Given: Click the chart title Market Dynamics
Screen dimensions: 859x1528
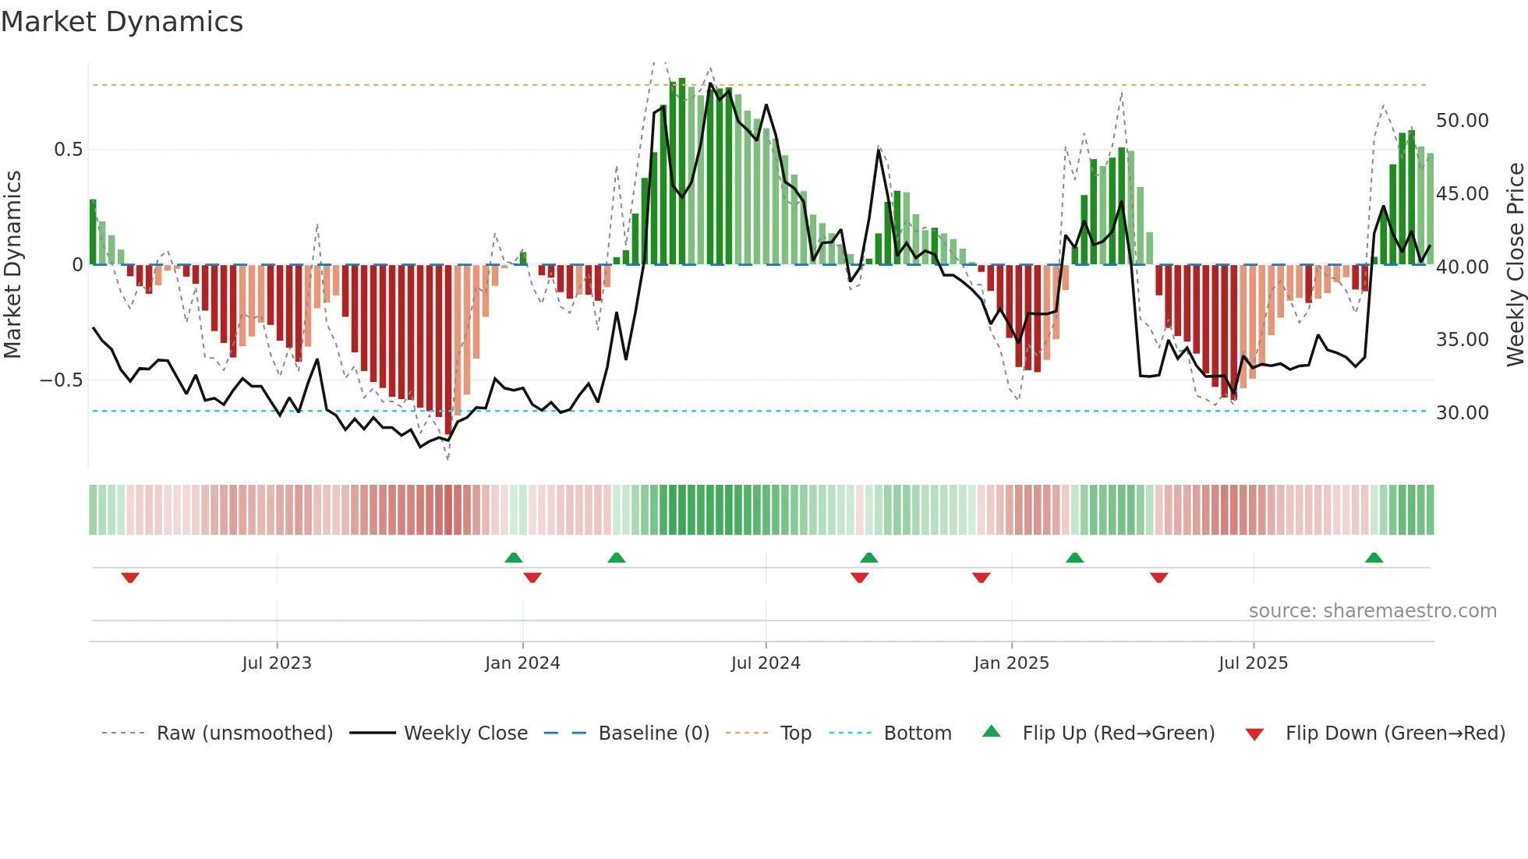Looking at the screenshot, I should pyautogui.click(x=122, y=22).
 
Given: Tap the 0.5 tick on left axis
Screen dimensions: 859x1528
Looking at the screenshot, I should pyautogui.click(x=68, y=150).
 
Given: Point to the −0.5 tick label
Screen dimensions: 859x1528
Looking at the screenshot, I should pyautogui.click(x=61, y=380).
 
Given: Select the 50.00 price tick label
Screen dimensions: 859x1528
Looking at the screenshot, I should pyautogui.click(x=1462, y=121).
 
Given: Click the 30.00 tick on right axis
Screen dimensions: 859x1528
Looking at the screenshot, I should pyautogui.click(x=1462, y=413).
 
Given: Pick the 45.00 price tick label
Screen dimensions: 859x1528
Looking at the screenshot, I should pyautogui.click(x=1462, y=194).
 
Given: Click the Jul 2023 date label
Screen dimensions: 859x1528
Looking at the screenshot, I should pyautogui.click(x=276, y=663).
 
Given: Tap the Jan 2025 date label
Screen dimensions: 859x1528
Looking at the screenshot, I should pyautogui.click(x=1011, y=663).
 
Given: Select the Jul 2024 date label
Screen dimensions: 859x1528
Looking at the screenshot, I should pyautogui.click(x=765, y=663).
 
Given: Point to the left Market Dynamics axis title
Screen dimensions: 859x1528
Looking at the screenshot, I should pyautogui.click(x=12, y=265).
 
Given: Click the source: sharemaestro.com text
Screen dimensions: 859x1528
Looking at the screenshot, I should pyautogui.click(x=1372, y=611).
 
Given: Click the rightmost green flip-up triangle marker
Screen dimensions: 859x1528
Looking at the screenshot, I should pyautogui.click(x=1374, y=558).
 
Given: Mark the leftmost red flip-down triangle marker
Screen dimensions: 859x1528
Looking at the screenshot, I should pyautogui.click(x=130, y=577).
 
